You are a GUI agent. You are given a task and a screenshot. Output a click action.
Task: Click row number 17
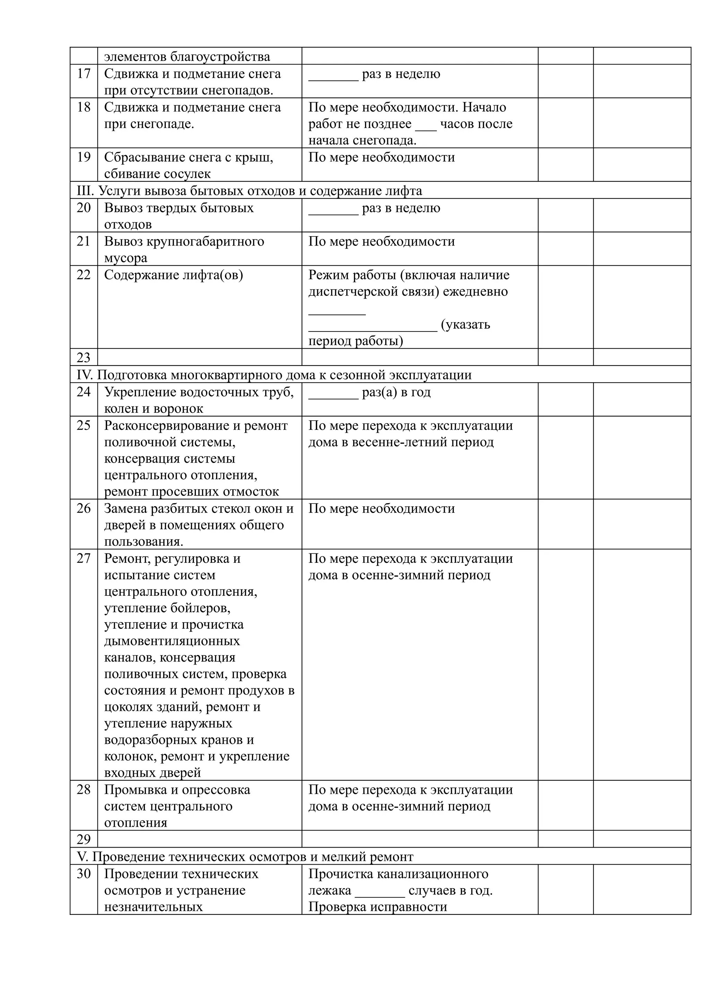(x=84, y=74)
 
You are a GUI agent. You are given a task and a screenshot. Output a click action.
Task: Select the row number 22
(x=84, y=275)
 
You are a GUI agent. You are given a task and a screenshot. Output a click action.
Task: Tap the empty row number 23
(x=84, y=358)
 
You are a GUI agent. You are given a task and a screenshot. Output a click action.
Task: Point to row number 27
(x=84, y=559)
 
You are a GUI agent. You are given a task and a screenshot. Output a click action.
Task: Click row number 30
(x=84, y=874)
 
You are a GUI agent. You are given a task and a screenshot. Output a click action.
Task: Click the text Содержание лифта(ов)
(x=173, y=275)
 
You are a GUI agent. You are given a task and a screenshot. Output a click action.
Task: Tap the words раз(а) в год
(x=396, y=392)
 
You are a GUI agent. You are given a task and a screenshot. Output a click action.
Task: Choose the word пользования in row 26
(x=143, y=542)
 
